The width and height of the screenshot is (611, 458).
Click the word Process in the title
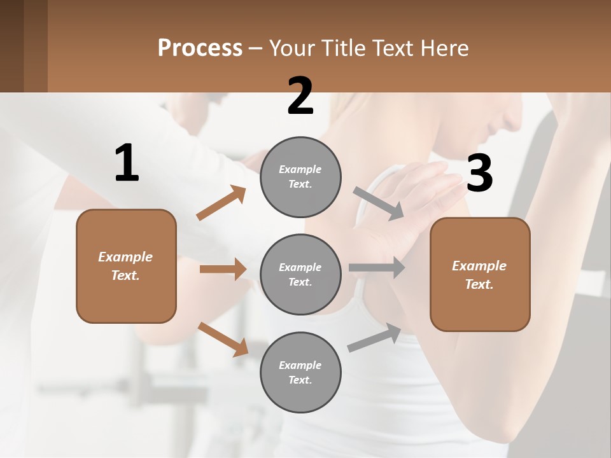coord(200,48)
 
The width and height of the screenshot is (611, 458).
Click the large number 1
coord(127,163)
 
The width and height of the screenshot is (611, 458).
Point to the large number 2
coord(300,96)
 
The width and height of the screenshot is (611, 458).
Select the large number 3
coord(479,173)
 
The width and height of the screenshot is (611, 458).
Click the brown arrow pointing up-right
coord(221,203)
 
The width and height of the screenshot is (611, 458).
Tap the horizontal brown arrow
coord(223,269)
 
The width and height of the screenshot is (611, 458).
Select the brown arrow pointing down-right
coord(223,339)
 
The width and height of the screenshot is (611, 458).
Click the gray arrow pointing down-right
coord(379,204)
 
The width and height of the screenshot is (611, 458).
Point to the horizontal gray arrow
coord(377,268)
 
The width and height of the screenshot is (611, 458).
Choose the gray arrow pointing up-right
coord(374,338)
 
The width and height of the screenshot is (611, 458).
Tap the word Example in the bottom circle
coord(300,365)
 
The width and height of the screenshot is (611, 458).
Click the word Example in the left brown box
coord(125,257)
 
